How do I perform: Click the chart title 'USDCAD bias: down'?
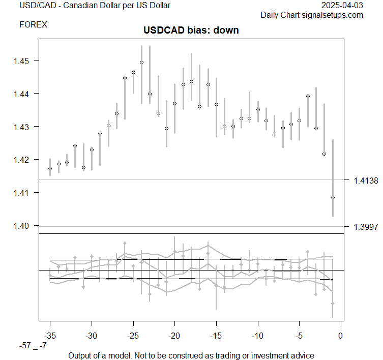coord(191,30)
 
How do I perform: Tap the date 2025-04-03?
coord(343,6)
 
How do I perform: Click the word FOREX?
coord(33,24)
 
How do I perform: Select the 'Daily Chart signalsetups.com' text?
coord(312,15)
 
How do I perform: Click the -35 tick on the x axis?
coord(50,336)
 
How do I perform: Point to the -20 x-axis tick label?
coord(174,336)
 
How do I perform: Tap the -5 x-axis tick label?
coord(299,336)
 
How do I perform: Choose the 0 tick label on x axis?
coord(341,336)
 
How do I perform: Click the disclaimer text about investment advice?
coord(191,355)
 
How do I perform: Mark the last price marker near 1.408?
coord(333,197)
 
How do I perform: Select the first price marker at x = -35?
coord(50,168)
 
